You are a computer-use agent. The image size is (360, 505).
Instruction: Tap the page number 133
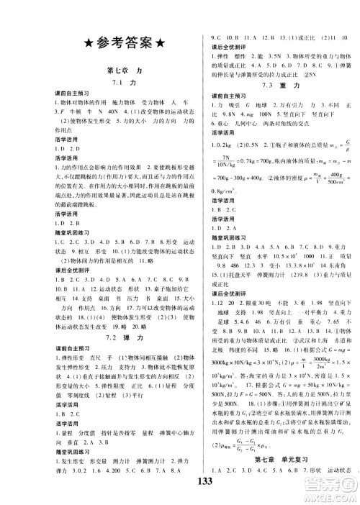181,490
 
